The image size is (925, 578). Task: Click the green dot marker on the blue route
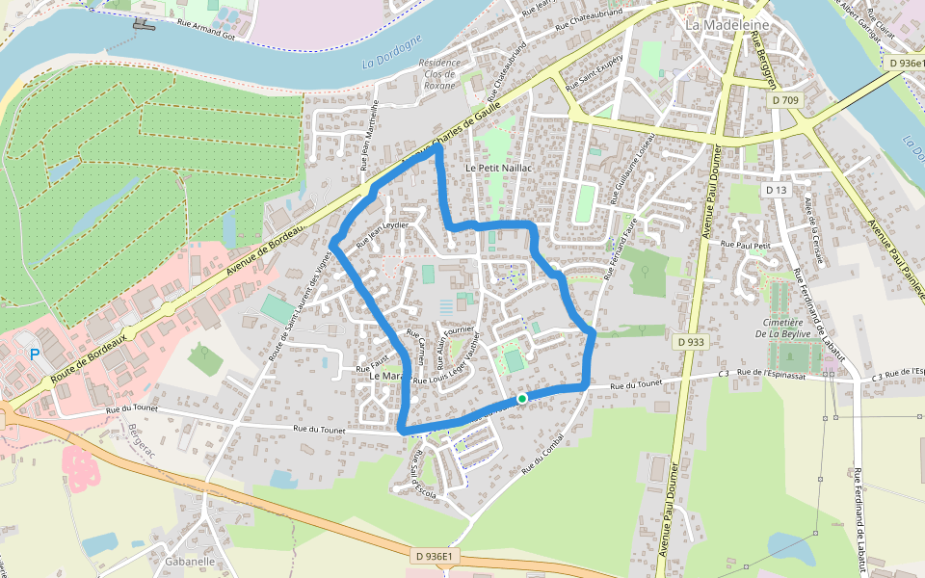click(x=521, y=398)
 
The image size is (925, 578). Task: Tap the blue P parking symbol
click(x=35, y=355)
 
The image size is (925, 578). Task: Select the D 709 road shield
click(x=786, y=99)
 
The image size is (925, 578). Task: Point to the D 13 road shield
click(x=777, y=190)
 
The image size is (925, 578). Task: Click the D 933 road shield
click(x=690, y=342)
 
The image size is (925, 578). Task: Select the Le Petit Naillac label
click(x=499, y=168)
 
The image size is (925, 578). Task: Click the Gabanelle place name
click(x=190, y=561)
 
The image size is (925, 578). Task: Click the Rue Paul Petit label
click(x=747, y=246)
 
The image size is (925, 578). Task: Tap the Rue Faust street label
click(x=370, y=368)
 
